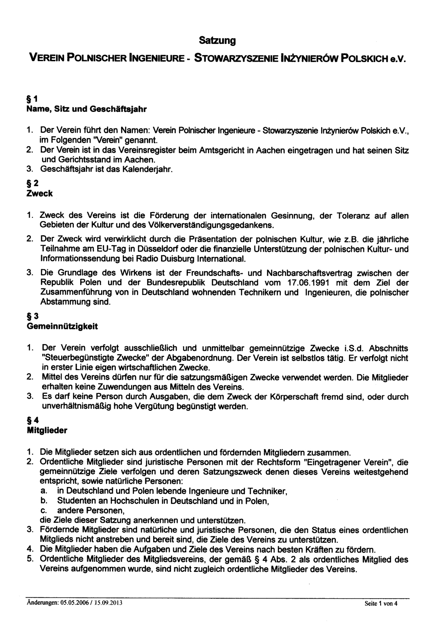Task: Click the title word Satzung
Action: point(217,41)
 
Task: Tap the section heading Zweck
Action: point(39,194)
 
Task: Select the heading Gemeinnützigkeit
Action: point(62,325)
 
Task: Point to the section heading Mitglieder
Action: point(47,431)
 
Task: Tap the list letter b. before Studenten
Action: point(43,501)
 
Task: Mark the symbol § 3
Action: point(33,316)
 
